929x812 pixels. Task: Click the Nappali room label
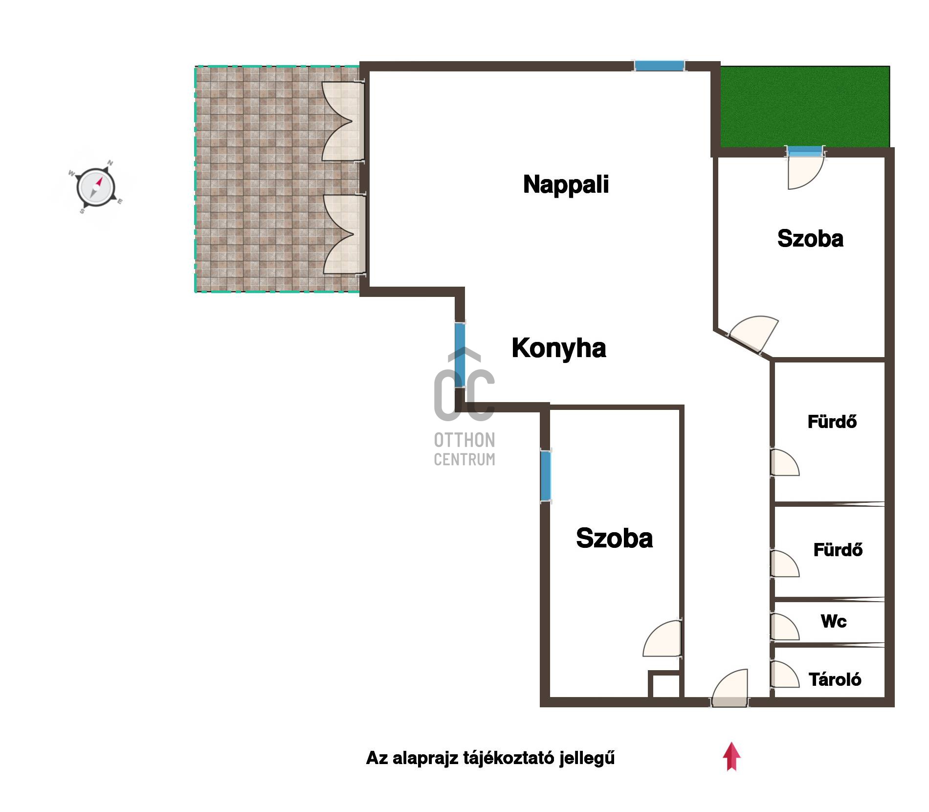click(x=566, y=185)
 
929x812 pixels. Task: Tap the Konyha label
click(x=559, y=348)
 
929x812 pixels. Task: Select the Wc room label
click(x=834, y=621)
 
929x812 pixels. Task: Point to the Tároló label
click(x=835, y=679)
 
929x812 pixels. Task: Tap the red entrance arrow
click(x=731, y=756)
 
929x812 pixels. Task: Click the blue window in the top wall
click(x=659, y=66)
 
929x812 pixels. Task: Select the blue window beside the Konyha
click(x=460, y=356)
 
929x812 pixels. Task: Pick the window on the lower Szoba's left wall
click(x=546, y=476)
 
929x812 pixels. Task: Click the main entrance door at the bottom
click(x=730, y=689)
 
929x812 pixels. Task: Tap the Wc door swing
click(x=784, y=627)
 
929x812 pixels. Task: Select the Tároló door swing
click(x=784, y=674)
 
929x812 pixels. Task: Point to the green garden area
click(x=805, y=107)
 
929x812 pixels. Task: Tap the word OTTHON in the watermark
click(x=464, y=440)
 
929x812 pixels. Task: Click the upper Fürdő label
click(x=832, y=422)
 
